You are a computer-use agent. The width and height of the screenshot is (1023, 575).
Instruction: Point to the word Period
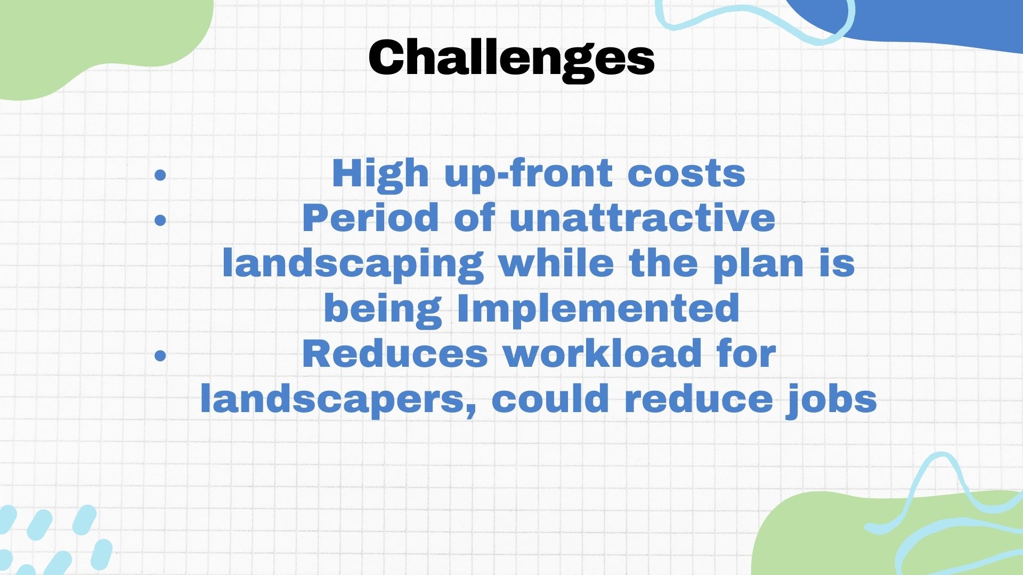(x=370, y=218)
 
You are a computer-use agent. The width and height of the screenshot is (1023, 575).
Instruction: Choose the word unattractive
(x=642, y=218)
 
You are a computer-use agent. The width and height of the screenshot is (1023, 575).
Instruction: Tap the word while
(x=557, y=263)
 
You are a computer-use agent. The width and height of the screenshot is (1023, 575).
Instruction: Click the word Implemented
(x=598, y=308)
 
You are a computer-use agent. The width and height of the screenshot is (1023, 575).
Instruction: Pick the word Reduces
(x=395, y=354)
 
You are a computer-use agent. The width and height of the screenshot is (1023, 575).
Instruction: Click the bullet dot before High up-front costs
(x=160, y=175)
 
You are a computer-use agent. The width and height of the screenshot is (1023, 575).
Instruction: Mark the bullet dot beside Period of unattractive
(x=160, y=219)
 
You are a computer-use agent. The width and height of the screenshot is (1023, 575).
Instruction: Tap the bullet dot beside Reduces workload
(x=160, y=355)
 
